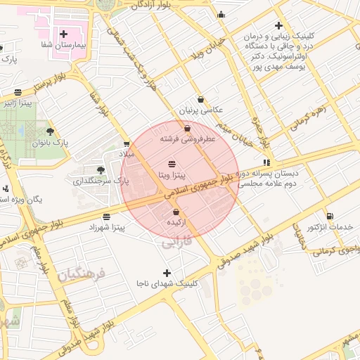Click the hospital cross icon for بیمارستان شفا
pyautogui.click(x=64, y=34)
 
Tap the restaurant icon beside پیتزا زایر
pyautogui.click(x=18, y=92)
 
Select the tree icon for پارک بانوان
pyautogui.click(x=49, y=131)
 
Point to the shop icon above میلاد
pyautogui.click(x=127, y=143)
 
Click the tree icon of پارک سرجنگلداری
pyautogui.click(x=101, y=169)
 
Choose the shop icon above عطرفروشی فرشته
pyautogui.click(x=187, y=129)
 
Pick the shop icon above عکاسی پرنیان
pyautogui.click(x=201, y=99)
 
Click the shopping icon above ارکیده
pyautogui.click(x=176, y=212)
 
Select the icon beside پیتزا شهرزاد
pyautogui.click(x=106, y=217)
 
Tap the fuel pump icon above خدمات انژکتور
pyautogui.click(x=330, y=216)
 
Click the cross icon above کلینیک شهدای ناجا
pyautogui.click(x=167, y=272)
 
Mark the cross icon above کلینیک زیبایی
pyautogui.click(x=280, y=25)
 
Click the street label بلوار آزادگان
pyautogui.click(x=151, y=5)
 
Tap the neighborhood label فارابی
pyautogui.click(x=177, y=243)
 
